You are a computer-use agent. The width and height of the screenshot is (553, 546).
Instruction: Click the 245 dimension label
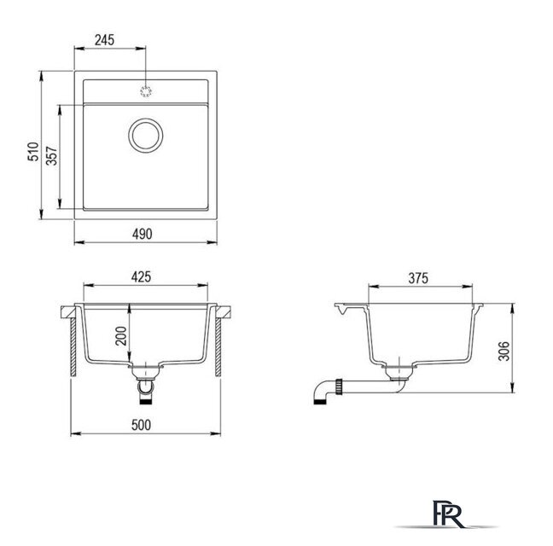[x=104, y=40]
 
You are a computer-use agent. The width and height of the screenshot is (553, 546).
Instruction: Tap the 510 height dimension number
[x=33, y=152]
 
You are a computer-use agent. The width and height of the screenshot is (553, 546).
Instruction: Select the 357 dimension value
[x=52, y=156]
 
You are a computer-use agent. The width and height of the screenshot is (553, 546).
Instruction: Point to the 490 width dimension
[x=143, y=234]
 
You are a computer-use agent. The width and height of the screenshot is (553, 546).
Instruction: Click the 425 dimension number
[x=141, y=277]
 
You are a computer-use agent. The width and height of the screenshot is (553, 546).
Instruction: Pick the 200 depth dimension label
[x=121, y=336]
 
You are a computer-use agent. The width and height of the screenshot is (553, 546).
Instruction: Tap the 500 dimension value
[x=141, y=425]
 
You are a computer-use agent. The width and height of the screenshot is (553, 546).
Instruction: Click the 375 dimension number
[x=418, y=278]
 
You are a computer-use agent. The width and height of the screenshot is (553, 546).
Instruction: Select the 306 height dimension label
[x=504, y=351]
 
